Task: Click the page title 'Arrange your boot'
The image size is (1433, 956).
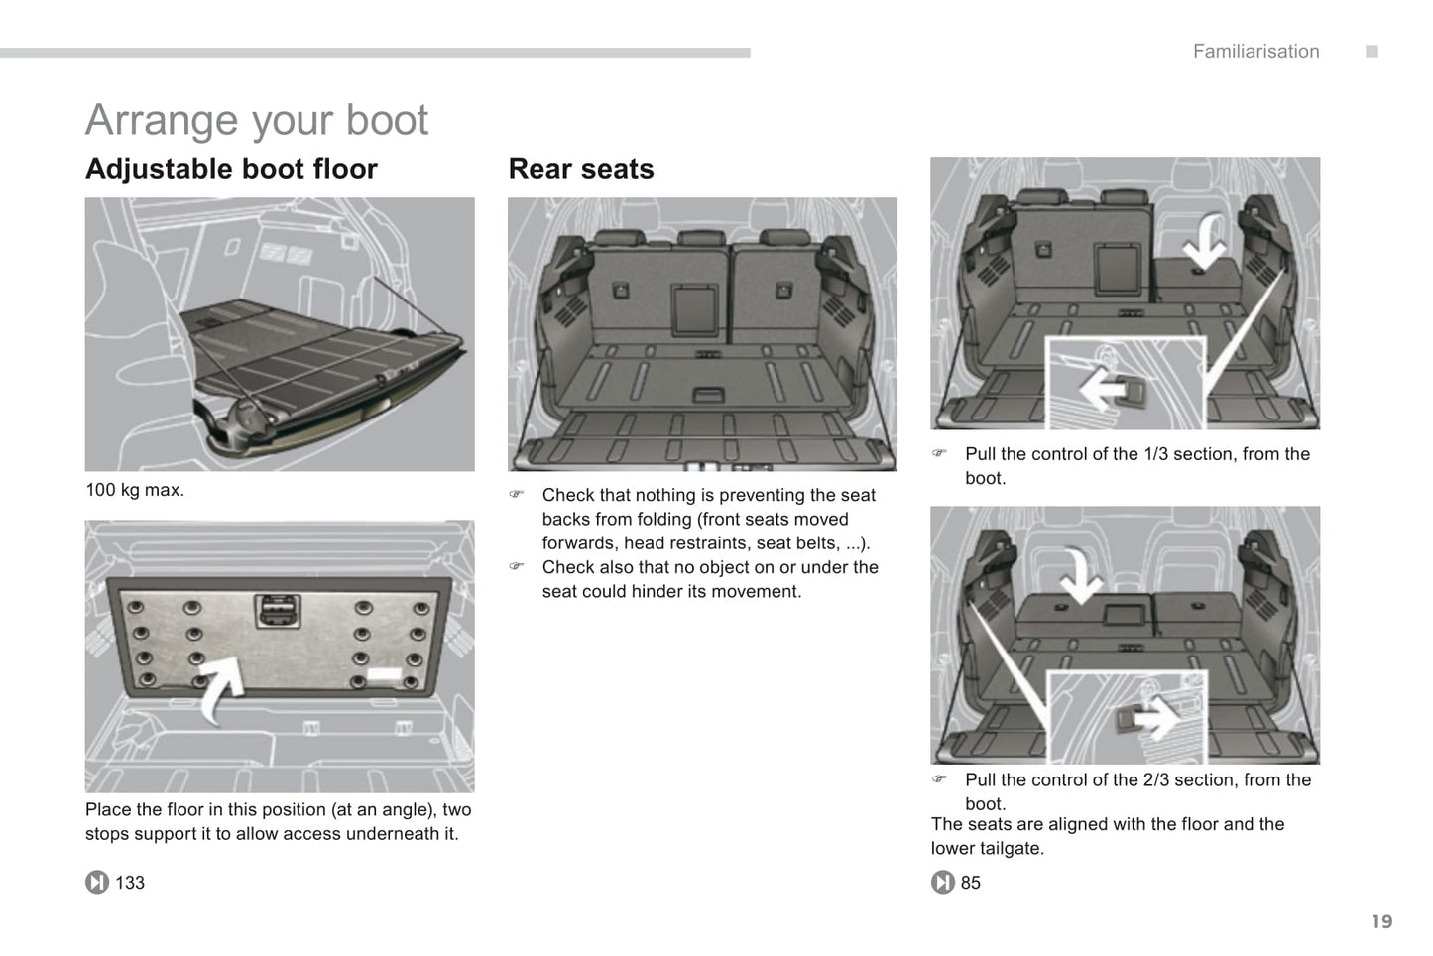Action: (257, 120)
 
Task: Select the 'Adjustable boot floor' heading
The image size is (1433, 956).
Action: (231, 169)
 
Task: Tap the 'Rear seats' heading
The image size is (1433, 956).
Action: (581, 169)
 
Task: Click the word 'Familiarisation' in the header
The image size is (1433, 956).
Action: (1255, 52)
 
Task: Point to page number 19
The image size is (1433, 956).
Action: (1381, 921)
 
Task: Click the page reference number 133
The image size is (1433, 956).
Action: (130, 883)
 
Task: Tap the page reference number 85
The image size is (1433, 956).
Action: (970, 883)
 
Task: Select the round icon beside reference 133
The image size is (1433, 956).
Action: (97, 882)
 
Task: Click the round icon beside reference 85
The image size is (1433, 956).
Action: (942, 882)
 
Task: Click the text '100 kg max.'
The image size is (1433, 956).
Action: (135, 490)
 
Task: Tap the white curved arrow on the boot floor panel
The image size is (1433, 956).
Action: (221, 686)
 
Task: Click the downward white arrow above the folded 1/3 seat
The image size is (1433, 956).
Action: (1207, 241)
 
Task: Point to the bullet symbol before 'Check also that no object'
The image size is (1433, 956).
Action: (516, 567)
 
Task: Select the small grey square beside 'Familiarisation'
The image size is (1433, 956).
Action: (1372, 52)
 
